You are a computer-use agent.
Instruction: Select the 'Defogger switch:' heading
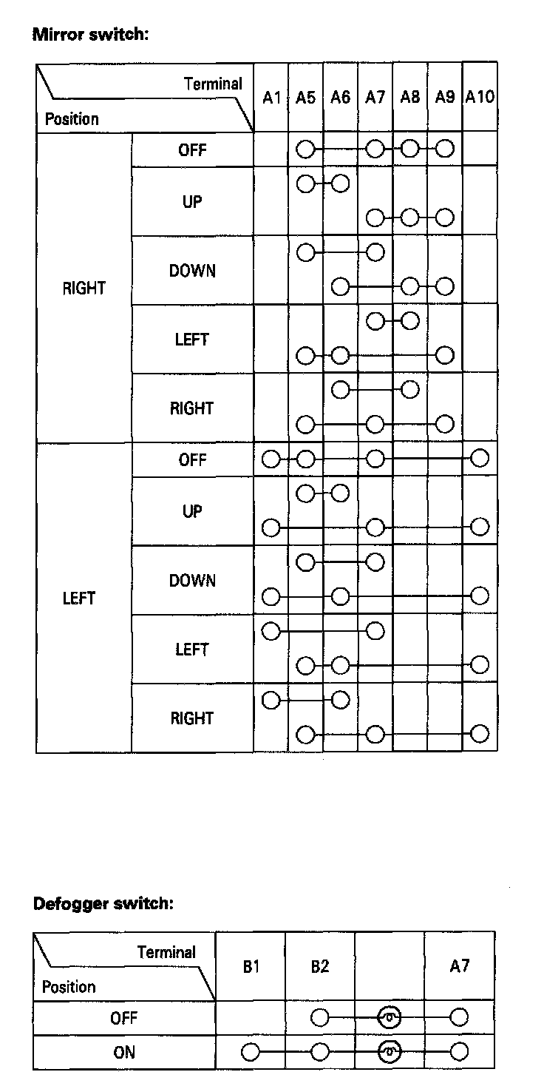[103, 903]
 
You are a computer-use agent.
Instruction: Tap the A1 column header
[271, 97]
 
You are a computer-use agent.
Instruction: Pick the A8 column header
[409, 97]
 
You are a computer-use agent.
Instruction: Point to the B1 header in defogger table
[251, 967]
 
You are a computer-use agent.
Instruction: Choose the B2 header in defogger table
[319, 967]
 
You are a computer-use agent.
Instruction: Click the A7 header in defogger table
[459, 965]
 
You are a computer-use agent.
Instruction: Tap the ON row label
[124, 1052]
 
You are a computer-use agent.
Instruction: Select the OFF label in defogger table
[124, 1019]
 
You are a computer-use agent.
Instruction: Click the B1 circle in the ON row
[251, 1052]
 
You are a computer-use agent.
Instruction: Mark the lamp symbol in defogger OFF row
[390, 1019]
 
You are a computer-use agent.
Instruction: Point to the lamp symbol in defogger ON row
[390, 1052]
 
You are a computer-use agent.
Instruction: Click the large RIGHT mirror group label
[84, 289]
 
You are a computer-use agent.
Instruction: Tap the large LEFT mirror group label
[79, 598]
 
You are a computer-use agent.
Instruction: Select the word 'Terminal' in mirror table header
[213, 84]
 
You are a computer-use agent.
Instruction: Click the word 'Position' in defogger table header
[69, 987]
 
